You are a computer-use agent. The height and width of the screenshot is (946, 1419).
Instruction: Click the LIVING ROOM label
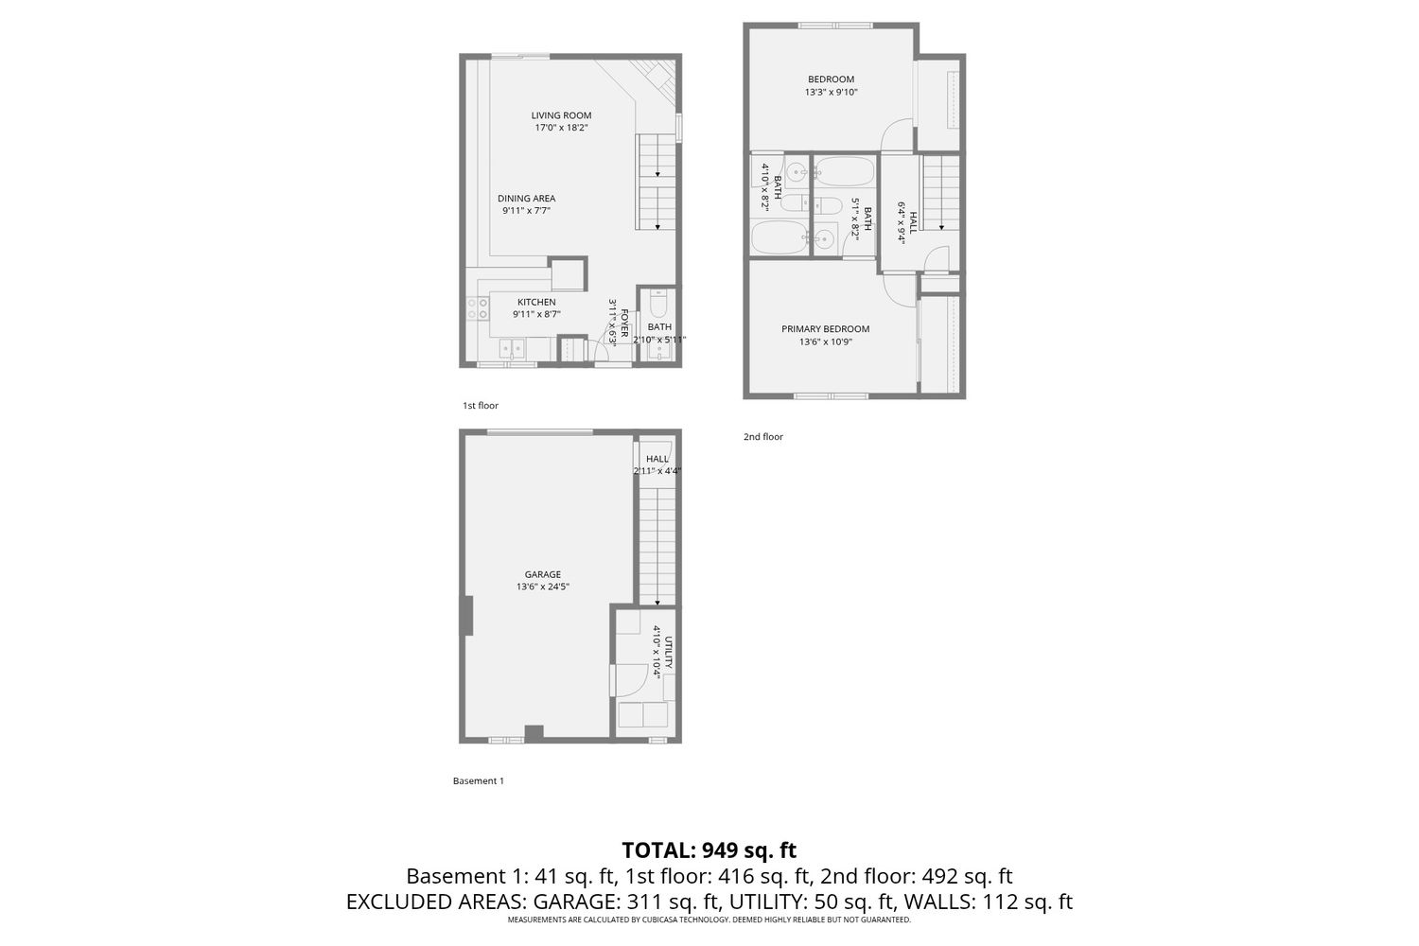[561, 115]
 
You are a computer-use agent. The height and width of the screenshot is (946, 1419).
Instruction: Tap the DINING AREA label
[526, 199]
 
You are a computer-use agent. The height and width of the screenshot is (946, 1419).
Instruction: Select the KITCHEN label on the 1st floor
[536, 302]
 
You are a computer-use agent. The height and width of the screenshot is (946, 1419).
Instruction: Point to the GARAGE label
[543, 575]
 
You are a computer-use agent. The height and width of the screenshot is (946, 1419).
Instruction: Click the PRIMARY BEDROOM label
[826, 329]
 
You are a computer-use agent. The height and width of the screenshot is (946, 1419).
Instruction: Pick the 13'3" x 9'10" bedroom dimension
[832, 92]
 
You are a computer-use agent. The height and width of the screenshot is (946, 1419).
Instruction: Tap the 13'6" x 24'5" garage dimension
[543, 587]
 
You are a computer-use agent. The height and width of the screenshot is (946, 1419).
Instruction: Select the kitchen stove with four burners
[478, 308]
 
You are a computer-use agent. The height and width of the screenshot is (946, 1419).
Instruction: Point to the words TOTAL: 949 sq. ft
[709, 850]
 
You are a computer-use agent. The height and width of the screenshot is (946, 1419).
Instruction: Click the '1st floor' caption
[481, 406]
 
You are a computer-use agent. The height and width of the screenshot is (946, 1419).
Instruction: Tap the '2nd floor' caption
[763, 436]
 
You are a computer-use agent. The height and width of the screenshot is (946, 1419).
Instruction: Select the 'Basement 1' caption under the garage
[479, 780]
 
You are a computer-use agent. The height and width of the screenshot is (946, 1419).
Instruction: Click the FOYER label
[624, 323]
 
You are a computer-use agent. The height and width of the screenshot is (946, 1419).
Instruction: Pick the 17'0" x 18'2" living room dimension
[561, 128]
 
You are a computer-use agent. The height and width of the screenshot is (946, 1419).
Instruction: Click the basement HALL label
[657, 459]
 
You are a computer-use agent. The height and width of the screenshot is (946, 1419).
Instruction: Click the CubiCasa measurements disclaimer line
[709, 920]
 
